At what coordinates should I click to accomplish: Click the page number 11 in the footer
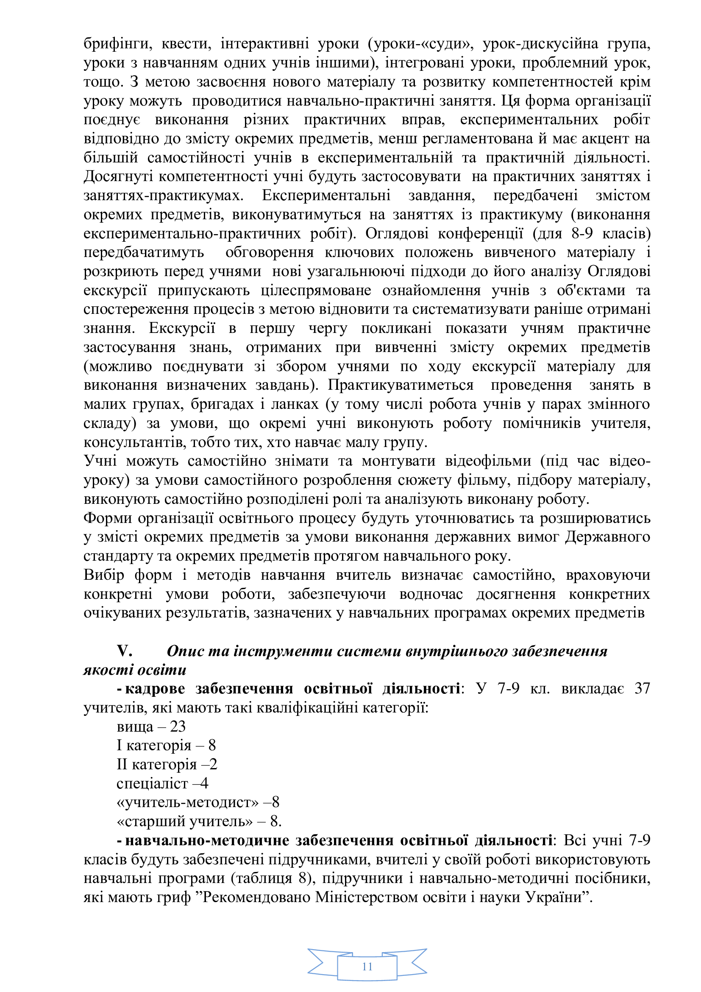coord(367,966)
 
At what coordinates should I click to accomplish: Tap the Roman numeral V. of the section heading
coord(124,651)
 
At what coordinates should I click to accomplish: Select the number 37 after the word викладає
coord(642,688)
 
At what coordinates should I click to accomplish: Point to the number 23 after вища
coord(178,726)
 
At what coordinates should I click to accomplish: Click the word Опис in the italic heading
coord(185,651)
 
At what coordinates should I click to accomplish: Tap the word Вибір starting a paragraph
coord(103,575)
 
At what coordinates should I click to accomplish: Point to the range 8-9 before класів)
coord(582,233)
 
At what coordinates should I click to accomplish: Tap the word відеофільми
coord(488,461)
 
